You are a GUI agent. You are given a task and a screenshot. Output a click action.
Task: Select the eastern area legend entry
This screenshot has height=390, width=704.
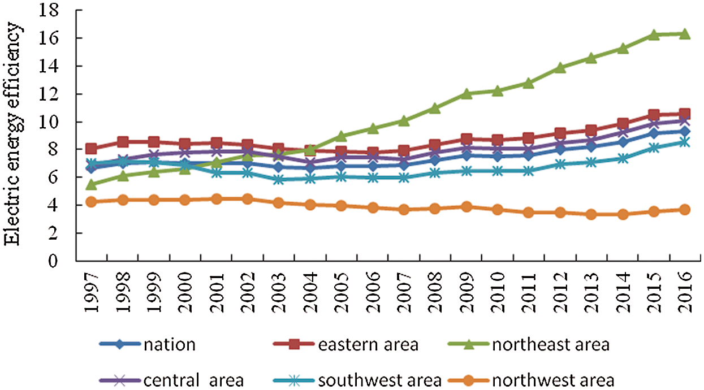(368, 345)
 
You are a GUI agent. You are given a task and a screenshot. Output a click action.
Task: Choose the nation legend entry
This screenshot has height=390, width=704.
(169, 345)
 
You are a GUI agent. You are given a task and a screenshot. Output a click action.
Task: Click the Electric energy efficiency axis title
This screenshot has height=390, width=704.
(12, 134)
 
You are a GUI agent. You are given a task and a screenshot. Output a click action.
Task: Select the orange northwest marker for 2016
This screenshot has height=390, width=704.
(684, 210)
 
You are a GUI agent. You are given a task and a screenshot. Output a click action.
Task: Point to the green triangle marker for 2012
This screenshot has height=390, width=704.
(560, 68)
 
